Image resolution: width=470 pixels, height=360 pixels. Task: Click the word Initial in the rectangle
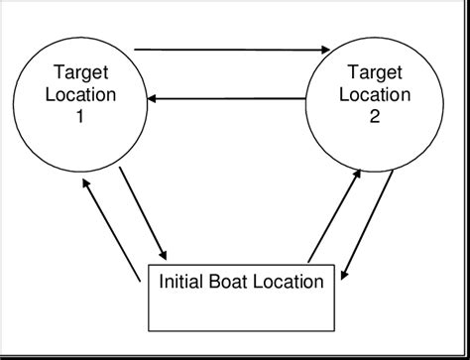point(184,282)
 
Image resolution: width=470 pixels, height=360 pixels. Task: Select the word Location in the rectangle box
point(290,282)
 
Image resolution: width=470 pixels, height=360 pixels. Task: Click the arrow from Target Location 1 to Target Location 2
point(231,48)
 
